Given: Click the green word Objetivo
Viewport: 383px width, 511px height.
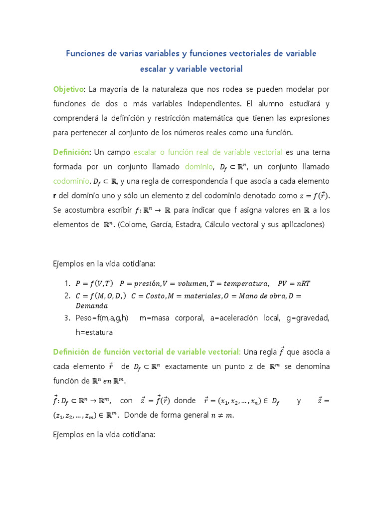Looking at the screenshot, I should (x=68, y=89).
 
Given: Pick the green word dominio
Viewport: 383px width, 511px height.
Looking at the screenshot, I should (x=198, y=166).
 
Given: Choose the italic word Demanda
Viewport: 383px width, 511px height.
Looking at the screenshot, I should (x=92, y=305).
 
